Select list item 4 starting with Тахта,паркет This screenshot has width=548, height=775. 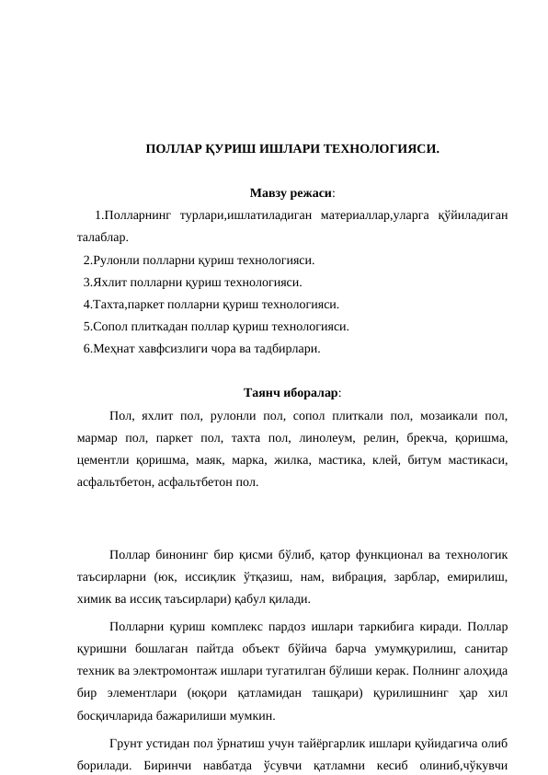tap(211, 305)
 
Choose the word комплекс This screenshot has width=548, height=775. tap(239, 627)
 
